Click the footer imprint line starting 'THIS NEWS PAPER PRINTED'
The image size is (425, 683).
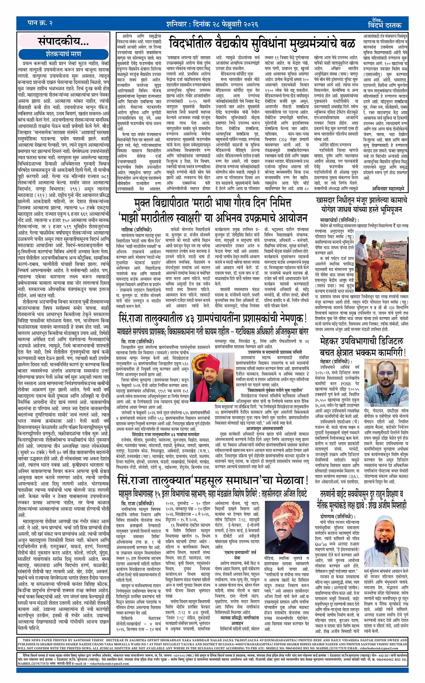pyautogui.click(x=212, y=640)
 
